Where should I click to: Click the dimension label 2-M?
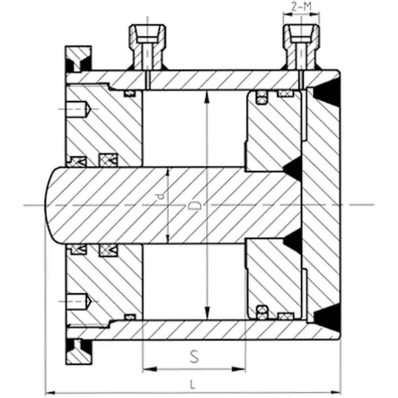point(301,9)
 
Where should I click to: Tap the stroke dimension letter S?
point(194,356)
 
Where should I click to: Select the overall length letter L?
point(192,383)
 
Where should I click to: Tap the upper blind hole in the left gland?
point(78,108)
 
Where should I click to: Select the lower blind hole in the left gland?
point(78,300)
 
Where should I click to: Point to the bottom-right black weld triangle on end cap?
point(328,318)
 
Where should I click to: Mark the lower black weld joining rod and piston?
point(293,240)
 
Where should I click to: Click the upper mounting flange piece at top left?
point(78,59)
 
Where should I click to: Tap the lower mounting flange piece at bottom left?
point(78,351)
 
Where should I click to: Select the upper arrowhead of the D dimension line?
point(208,97)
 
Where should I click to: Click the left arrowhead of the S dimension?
point(147,368)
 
